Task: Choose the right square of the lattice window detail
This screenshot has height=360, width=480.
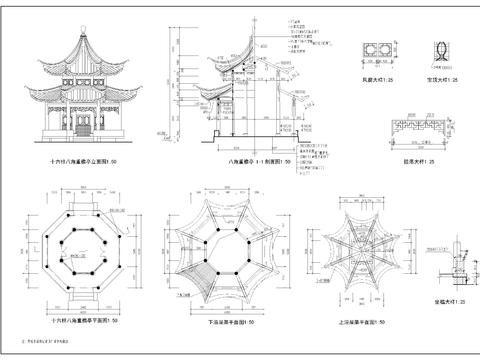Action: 389,50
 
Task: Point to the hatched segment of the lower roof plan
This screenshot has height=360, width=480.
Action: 199,271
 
